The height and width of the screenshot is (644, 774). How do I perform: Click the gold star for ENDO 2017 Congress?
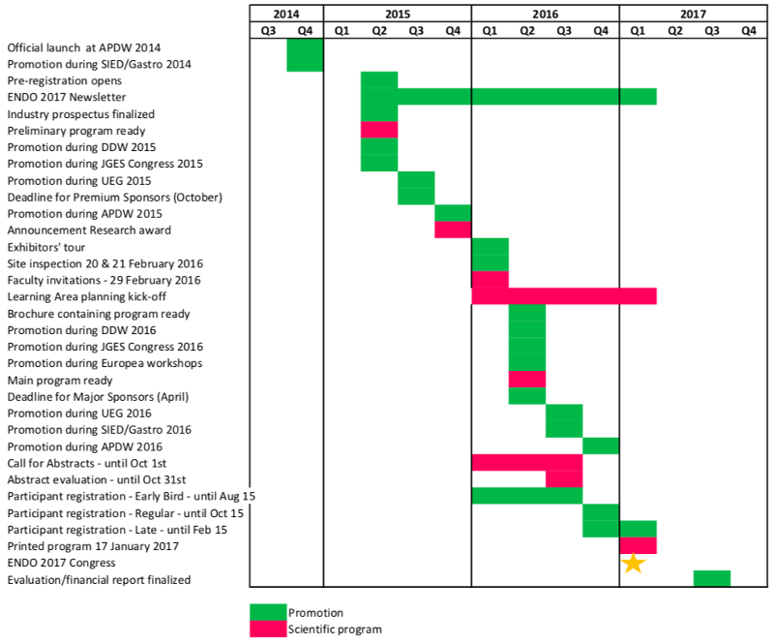(632, 563)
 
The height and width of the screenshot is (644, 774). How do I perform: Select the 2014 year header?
(286, 14)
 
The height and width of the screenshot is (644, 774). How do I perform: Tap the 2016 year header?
(545, 14)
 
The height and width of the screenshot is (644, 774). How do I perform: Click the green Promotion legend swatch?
(268, 612)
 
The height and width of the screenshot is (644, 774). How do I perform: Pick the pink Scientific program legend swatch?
(268, 629)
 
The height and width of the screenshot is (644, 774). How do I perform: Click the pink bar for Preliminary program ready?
(379, 130)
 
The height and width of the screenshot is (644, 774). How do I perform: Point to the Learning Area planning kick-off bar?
(564, 296)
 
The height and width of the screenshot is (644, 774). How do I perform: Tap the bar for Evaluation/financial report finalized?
(712, 579)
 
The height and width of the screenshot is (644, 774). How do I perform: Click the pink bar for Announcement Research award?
(453, 230)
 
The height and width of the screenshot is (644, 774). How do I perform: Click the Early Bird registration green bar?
(526, 496)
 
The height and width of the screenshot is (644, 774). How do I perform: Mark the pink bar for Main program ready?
(527, 379)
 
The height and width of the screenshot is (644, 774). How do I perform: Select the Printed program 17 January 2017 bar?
(638, 545)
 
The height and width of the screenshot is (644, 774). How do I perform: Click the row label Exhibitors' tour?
(46, 247)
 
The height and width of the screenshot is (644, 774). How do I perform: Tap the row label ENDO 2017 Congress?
(62, 563)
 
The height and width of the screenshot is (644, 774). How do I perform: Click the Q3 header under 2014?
(268, 30)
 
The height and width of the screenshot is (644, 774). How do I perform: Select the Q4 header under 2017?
(748, 30)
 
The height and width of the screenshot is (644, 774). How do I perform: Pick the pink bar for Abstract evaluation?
(564, 479)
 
